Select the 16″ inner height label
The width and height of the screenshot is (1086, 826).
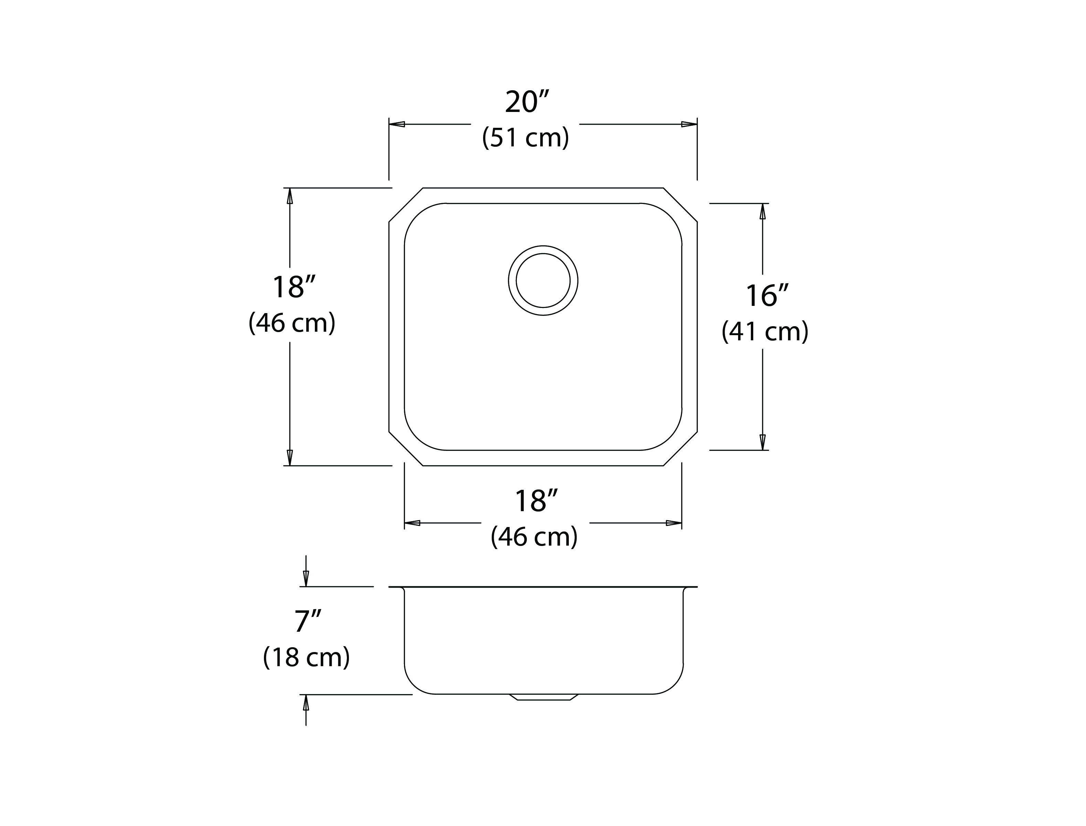(x=767, y=296)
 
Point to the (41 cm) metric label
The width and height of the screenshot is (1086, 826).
(x=765, y=331)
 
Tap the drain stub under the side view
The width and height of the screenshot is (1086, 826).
(x=544, y=697)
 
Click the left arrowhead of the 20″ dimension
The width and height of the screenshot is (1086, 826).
(x=397, y=124)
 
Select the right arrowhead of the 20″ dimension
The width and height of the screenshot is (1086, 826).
(x=689, y=124)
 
